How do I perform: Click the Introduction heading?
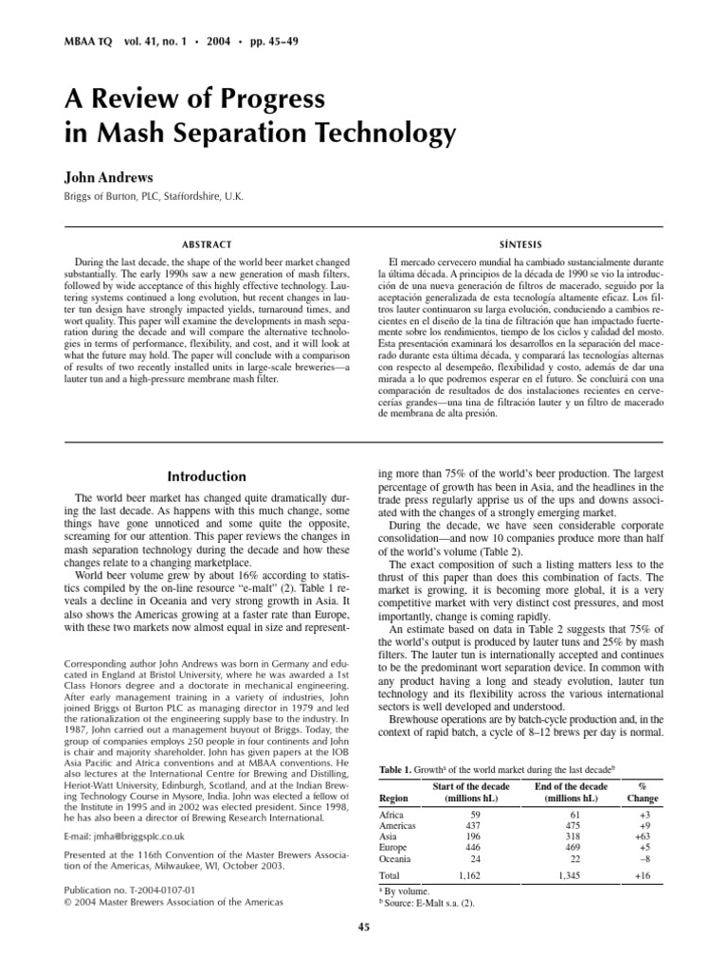click(x=206, y=476)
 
